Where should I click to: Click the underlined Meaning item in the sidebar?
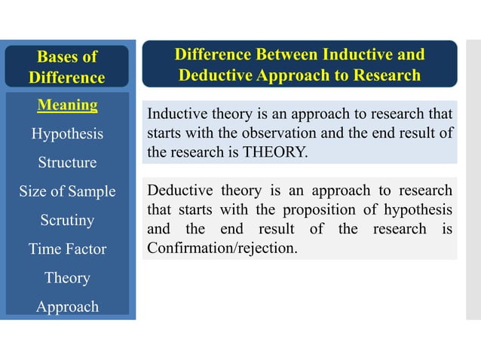pos(68,105)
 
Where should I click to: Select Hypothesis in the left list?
pos(68,134)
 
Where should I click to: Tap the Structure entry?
pos(68,163)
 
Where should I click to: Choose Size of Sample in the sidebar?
pos(68,191)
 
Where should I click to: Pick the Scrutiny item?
pos(68,220)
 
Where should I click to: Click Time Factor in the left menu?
pos(68,249)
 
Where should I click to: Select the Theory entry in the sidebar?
pos(68,277)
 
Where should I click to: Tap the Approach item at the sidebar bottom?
pos(68,307)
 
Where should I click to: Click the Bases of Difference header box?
pos(67,66)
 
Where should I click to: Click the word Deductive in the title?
pos(216,76)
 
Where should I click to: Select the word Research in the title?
pos(381,76)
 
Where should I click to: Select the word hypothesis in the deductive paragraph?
pos(416,209)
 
